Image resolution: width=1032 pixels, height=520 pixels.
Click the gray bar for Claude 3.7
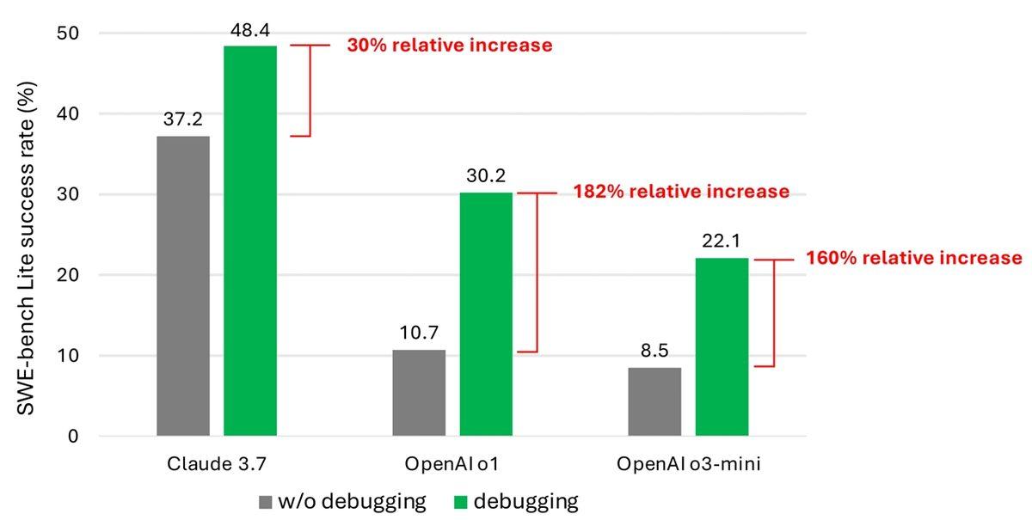(x=183, y=285)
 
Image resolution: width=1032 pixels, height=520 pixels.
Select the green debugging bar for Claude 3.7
(x=250, y=241)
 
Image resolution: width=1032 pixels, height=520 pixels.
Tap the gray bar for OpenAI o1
(x=419, y=393)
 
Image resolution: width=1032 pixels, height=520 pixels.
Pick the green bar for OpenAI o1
(x=486, y=314)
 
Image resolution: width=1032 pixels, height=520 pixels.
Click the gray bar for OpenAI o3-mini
(x=654, y=401)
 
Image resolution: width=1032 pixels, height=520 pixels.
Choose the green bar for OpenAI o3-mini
(x=722, y=346)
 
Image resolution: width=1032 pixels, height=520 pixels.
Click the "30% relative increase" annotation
(x=449, y=46)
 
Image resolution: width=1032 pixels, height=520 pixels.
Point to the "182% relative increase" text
(x=680, y=191)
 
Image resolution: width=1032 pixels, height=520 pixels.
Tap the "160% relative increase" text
(x=914, y=258)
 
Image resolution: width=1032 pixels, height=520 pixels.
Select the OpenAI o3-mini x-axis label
(x=688, y=464)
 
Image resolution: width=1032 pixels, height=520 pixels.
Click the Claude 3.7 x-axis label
(x=217, y=464)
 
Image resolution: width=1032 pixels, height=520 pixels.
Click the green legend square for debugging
(x=461, y=501)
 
